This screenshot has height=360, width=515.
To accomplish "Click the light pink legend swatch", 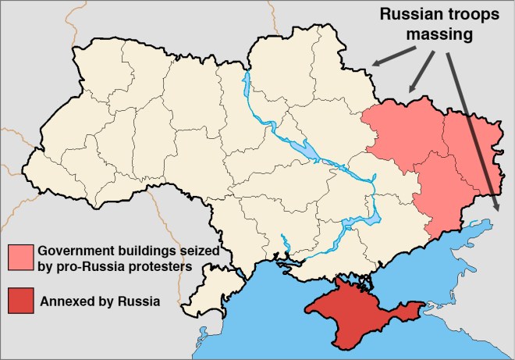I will coord(21,257).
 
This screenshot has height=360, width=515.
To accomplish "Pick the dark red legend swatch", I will coord(21,300).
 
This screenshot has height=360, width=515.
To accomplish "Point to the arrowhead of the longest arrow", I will coord(498,209).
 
